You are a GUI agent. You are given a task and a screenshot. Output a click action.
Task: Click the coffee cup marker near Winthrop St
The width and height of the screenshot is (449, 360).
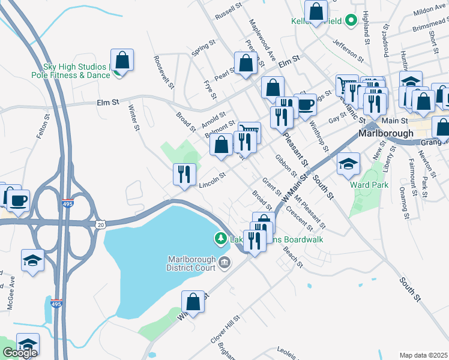click(x=305, y=104)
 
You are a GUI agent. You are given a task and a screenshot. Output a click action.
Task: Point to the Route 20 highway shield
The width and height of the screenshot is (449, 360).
click(x=100, y=224)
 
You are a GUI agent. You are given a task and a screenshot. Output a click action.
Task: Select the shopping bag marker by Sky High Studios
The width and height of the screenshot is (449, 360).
click(x=122, y=60)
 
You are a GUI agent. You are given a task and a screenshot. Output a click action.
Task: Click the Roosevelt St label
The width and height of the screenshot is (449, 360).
click(x=164, y=72)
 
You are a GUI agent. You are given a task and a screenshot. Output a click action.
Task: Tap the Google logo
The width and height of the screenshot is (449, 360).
click(x=20, y=353)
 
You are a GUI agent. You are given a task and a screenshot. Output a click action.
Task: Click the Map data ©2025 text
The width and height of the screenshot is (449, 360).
click(x=423, y=355)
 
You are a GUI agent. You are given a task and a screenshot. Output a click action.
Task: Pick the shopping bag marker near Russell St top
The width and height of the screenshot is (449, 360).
click(x=316, y=11)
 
